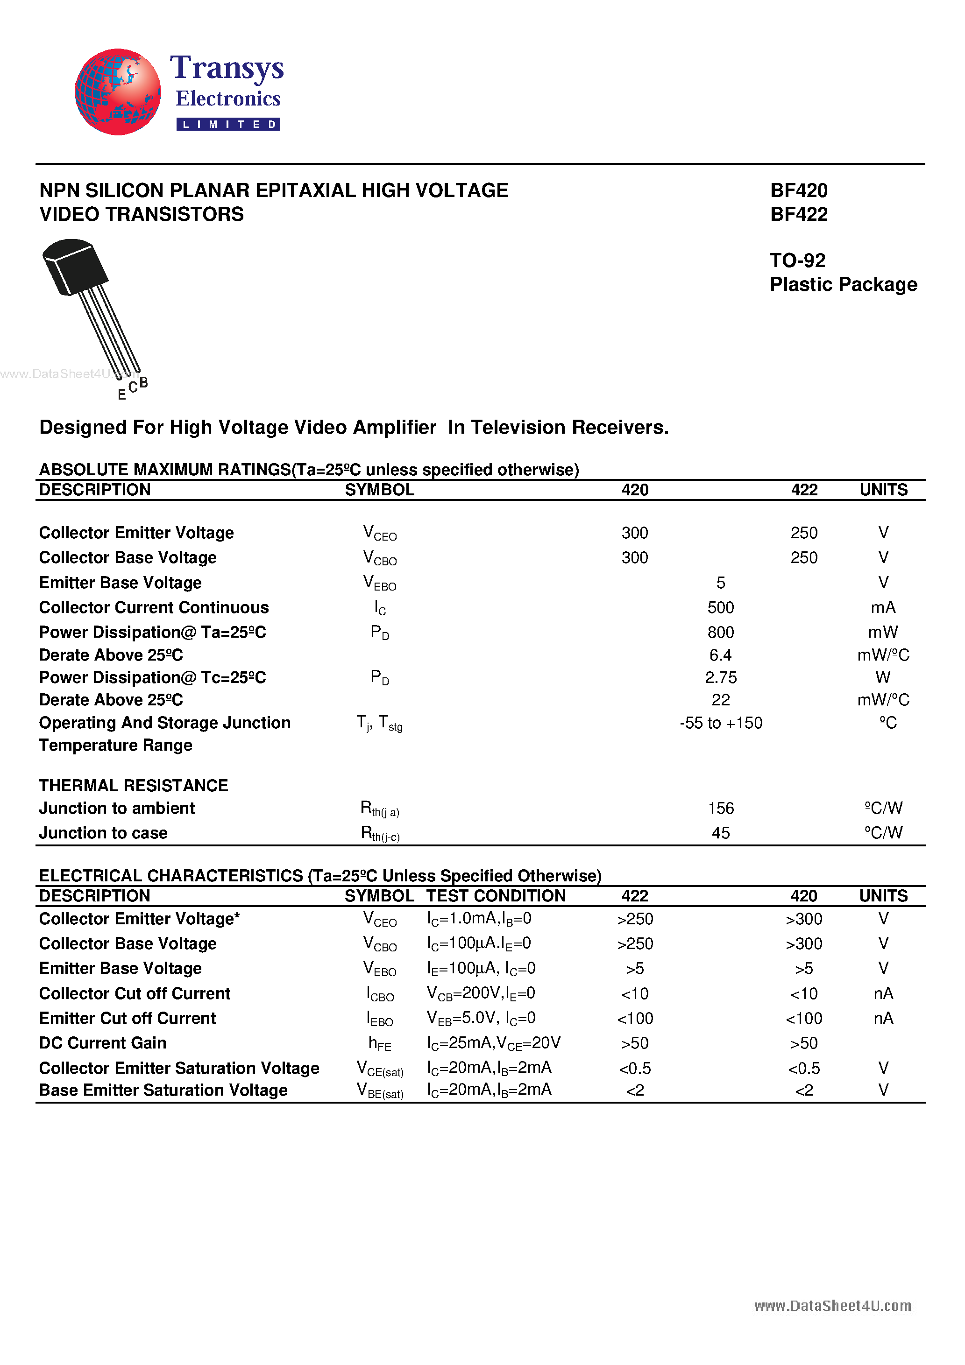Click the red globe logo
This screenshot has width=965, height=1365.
tap(117, 92)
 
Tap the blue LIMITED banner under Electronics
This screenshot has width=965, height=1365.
tap(228, 124)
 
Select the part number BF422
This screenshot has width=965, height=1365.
tap(798, 214)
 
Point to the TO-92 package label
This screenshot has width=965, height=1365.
tap(797, 260)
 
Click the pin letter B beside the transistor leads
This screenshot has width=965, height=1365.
tap(143, 382)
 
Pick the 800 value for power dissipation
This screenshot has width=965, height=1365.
tap(720, 632)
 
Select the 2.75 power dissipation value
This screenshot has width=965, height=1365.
tap(720, 677)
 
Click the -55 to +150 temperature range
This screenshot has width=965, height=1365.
tap(720, 723)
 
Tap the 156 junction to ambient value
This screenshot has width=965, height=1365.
tap(720, 808)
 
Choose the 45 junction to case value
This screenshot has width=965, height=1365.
tap(720, 833)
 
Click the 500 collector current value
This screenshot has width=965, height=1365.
tap(720, 608)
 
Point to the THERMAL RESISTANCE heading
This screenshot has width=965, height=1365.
tap(133, 785)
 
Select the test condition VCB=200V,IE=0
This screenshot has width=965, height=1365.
tap(481, 993)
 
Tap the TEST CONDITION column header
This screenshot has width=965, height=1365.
tap(496, 896)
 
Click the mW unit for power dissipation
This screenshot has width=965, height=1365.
tap(883, 632)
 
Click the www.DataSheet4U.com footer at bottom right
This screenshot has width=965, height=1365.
tap(832, 1306)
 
